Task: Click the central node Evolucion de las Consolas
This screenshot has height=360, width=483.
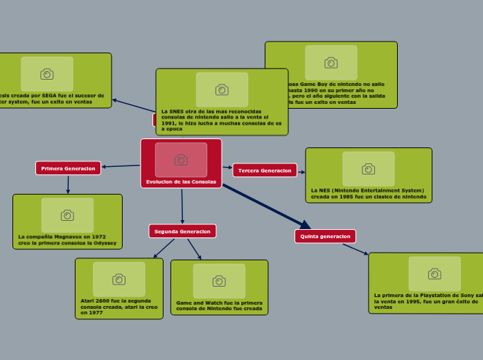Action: [181, 181]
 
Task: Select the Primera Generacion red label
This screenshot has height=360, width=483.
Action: [68, 168]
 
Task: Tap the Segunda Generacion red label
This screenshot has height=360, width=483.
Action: [182, 231]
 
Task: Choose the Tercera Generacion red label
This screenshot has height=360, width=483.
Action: [265, 170]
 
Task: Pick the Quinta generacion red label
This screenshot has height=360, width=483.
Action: [325, 236]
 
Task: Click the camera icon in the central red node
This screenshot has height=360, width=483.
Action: [181, 160]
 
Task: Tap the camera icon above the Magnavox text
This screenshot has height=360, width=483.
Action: [67, 215]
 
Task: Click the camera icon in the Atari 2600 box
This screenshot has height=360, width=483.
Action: [119, 279]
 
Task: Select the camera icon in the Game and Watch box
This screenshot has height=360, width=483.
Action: [219, 280]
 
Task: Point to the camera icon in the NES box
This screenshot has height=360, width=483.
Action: [368, 169]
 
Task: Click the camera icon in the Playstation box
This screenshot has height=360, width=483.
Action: [434, 273]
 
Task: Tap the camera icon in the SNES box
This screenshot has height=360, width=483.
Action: [222, 89]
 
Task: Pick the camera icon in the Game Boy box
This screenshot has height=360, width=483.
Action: [331, 62]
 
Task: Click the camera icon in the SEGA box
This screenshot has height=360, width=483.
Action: [47, 74]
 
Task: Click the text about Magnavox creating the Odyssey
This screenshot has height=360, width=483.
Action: [67, 240]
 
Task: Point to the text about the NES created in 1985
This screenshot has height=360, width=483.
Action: [369, 193]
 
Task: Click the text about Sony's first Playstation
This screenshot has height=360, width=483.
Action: [426, 300]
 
